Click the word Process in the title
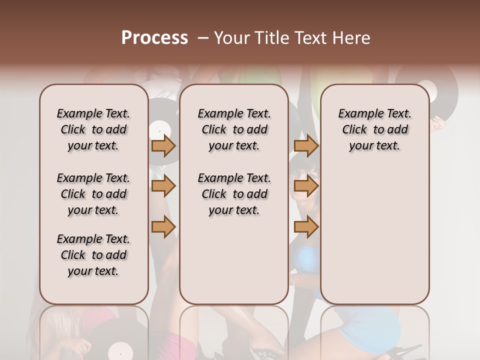point(154,38)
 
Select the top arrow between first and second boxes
point(163,146)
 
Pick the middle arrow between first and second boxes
point(163,186)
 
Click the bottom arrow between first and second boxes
point(163,227)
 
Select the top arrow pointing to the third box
point(306,146)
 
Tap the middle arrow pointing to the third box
point(306,186)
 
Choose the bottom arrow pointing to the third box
point(306,227)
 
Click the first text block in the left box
point(93,129)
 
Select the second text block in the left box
point(93,194)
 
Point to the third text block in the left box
point(93,255)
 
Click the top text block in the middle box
point(234,129)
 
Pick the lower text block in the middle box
point(234,194)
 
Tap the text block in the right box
point(375,129)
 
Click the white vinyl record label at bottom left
point(120,350)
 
